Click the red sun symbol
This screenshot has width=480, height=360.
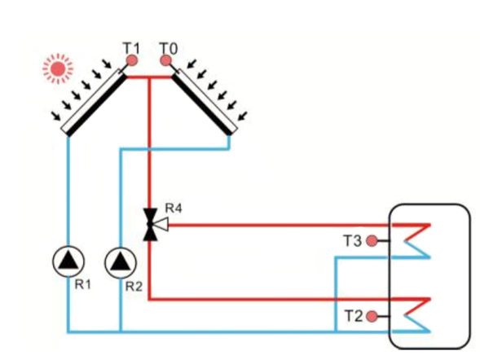pos(58,69)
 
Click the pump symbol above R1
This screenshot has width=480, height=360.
pos(68,261)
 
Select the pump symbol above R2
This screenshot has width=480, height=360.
pos(121,261)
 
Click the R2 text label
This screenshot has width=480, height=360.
pos(135,286)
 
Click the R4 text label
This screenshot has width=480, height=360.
pos(172,209)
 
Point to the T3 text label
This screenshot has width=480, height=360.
pos(352,240)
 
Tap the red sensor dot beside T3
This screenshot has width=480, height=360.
pos(372,240)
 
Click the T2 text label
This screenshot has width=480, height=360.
pos(352,315)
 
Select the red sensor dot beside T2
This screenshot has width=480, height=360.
pos(372,315)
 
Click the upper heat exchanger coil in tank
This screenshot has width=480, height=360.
pos(417,240)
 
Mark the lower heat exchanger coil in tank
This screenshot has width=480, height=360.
pos(417,314)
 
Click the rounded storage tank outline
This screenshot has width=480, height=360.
pos(470,277)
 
